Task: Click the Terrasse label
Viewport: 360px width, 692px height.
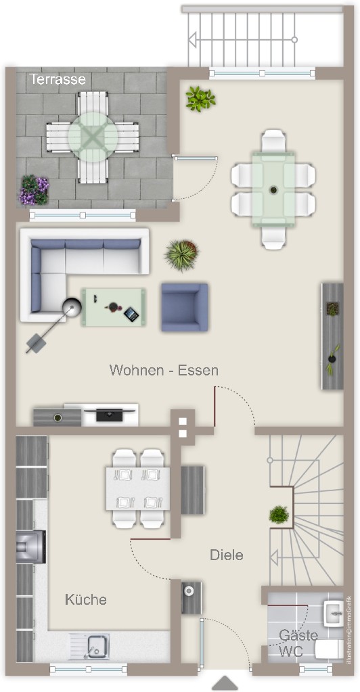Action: tap(58, 79)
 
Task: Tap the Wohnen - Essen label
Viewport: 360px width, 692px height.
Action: tap(164, 370)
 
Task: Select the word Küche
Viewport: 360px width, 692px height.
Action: tap(86, 599)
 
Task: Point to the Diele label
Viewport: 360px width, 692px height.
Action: tap(227, 555)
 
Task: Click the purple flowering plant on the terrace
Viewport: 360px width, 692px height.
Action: tap(34, 190)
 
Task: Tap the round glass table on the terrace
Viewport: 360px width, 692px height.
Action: tap(93, 137)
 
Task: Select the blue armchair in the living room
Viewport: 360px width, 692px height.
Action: tap(184, 307)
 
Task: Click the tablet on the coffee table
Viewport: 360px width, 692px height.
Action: tap(131, 315)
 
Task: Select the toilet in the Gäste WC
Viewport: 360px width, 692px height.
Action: tap(329, 649)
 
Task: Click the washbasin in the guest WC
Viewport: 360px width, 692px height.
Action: tap(334, 613)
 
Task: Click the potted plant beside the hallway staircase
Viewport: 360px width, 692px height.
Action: tap(279, 515)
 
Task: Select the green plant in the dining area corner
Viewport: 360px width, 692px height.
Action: tap(200, 98)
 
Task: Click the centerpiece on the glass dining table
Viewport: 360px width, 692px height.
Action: tap(273, 190)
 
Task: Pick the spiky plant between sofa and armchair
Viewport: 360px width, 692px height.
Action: tap(181, 254)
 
